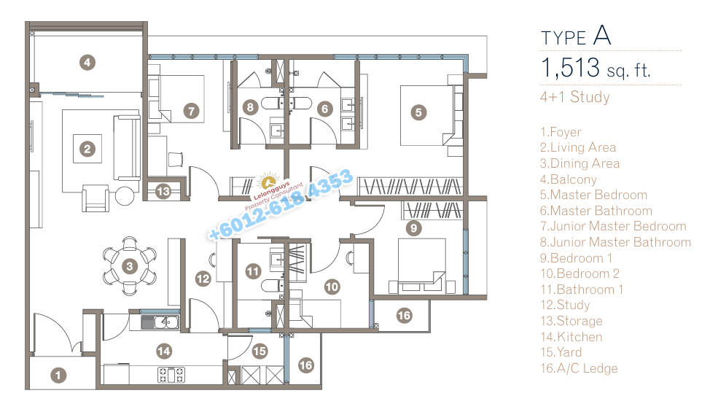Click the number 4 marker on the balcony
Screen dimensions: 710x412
[x=87, y=63]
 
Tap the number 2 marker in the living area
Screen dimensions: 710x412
[x=87, y=149]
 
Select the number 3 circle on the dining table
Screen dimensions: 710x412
[x=130, y=266]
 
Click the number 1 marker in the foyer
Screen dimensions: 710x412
[x=58, y=375]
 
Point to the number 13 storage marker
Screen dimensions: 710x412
[x=163, y=192]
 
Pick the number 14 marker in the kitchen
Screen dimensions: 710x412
[x=164, y=351]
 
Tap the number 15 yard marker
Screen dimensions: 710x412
[x=260, y=351]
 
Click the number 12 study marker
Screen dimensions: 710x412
[x=203, y=279]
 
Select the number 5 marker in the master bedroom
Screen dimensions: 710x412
[x=418, y=112]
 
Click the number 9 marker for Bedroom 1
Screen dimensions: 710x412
[x=413, y=228]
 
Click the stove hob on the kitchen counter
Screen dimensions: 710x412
[x=171, y=375]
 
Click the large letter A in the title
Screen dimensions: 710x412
[x=602, y=35]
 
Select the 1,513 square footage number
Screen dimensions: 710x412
[x=571, y=68]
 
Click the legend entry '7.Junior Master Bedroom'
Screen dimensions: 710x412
[x=613, y=226]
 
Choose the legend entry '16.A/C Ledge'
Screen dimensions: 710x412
[x=579, y=368]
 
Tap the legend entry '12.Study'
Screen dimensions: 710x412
[x=565, y=305]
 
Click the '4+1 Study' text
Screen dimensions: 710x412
[x=575, y=97]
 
